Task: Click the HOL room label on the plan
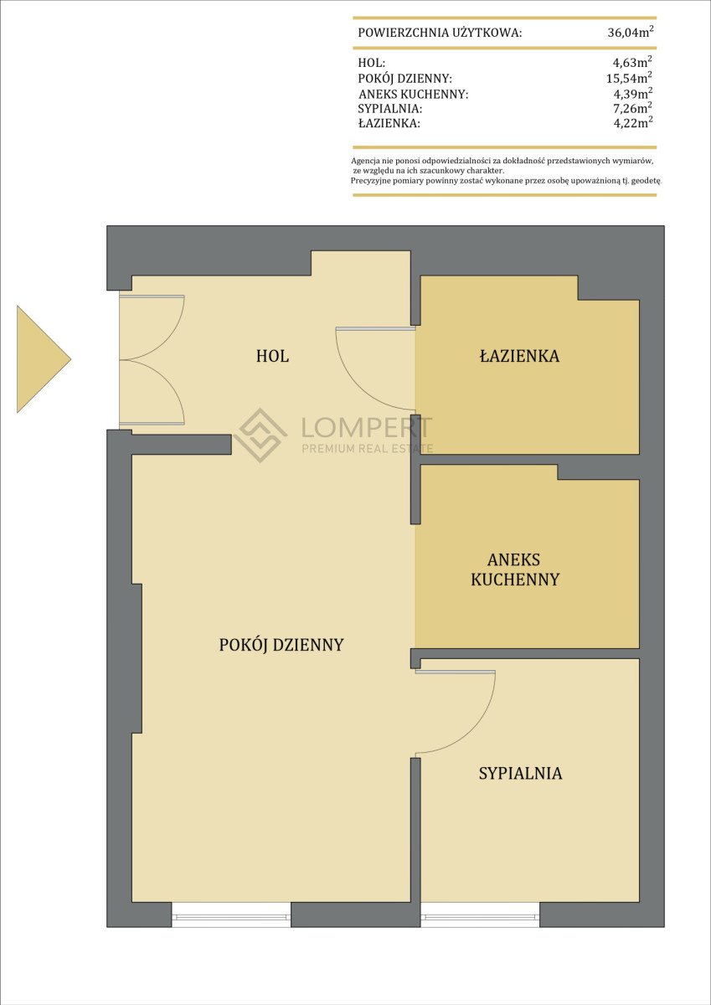click(x=272, y=356)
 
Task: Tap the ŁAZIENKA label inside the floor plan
click(x=519, y=356)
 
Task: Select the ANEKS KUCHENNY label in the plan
click(x=515, y=569)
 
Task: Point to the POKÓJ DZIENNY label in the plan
click(x=281, y=645)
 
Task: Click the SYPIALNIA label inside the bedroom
click(x=520, y=773)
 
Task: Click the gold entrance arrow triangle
click(x=39, y=359)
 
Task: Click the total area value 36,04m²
click(x=631, y=32)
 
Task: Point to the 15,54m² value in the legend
click(x=630, y=78)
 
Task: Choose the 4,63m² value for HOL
click(x=632, y=61)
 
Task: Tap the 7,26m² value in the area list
click(x=633, y=108)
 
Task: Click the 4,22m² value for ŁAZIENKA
click(x=633, y=122)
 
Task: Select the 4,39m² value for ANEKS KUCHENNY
click(x=633, y=93)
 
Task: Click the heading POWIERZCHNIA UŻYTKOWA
click(x=440, y=33)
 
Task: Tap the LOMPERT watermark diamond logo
click(x=260, y=435)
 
